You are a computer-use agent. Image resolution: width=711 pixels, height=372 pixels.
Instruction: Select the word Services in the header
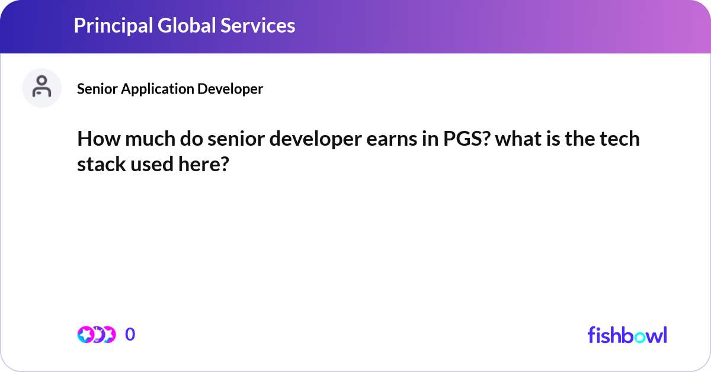(258, 25)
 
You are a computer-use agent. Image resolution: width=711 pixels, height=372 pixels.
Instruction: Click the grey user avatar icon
(41, 88)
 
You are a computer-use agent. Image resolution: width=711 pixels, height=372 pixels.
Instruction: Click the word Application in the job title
(157, 89)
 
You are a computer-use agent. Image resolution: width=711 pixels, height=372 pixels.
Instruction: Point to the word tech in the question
(619, 140)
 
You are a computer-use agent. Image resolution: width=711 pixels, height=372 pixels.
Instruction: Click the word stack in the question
(100, 164)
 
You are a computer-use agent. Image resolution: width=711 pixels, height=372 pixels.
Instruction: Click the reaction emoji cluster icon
(96, 335)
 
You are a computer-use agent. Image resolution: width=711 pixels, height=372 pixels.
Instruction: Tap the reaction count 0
(130, 335)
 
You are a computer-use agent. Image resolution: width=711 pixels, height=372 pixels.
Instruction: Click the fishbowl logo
(627, 335)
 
